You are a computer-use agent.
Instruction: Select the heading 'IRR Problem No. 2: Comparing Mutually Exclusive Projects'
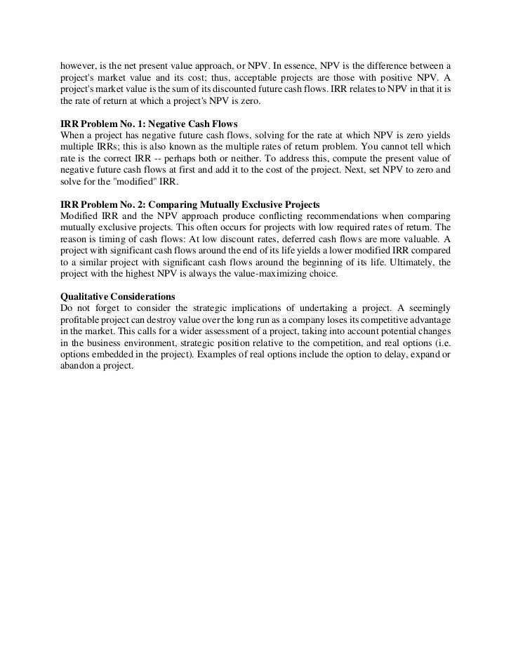pos(182,204)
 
